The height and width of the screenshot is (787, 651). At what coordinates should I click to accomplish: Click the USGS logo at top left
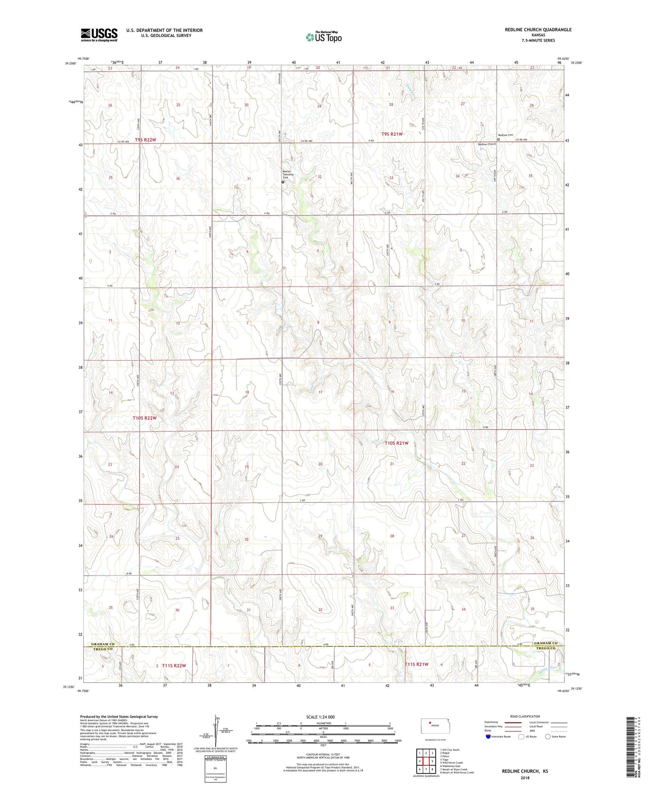(99, 35)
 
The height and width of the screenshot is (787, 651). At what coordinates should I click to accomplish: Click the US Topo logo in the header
(323, 37)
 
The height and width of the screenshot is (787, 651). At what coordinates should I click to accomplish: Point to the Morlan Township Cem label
(288, 174)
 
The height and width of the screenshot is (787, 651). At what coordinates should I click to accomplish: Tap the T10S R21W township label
(396, 443)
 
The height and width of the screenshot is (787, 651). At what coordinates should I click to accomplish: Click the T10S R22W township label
(145, 418)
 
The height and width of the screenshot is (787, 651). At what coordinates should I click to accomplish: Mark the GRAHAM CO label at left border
(103, 644)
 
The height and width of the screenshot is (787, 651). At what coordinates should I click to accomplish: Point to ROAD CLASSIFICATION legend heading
(525, 716)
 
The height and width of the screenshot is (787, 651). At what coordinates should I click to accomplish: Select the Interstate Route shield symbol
(488, 737)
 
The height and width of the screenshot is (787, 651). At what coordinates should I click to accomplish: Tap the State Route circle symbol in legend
(547, 737)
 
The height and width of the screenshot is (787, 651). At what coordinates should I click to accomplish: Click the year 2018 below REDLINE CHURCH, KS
(525, 778)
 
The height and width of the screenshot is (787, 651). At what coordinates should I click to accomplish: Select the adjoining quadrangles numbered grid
(425, 762)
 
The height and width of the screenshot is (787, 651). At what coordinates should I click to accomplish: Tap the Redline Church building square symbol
(498, 140)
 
